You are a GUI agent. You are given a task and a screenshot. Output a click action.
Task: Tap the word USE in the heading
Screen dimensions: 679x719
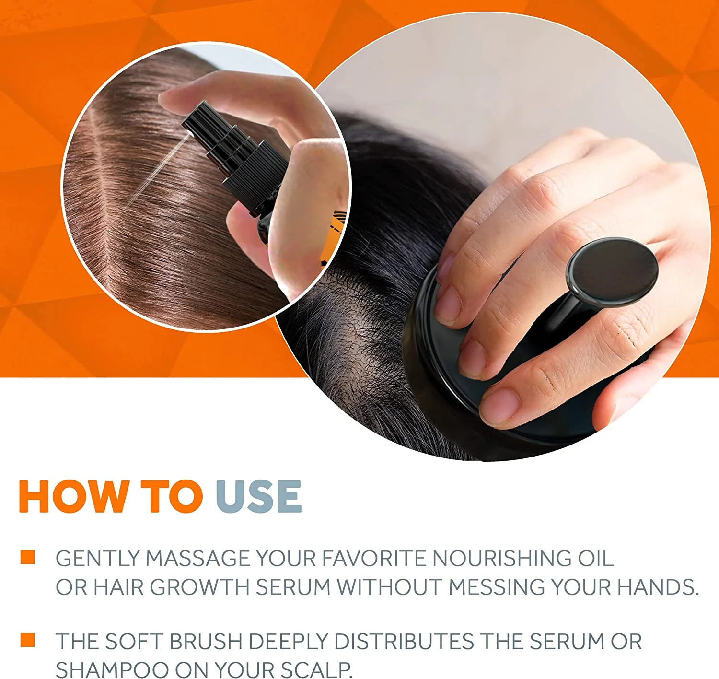258,496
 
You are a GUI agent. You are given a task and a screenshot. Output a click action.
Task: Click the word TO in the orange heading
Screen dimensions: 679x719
172,496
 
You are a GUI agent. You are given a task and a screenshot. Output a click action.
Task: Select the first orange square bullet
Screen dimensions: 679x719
28,557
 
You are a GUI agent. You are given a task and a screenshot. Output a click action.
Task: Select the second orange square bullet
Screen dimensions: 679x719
28,640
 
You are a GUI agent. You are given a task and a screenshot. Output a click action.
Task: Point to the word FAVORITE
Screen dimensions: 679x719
373,559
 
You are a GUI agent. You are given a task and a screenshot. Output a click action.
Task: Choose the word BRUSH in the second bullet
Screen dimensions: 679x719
206,642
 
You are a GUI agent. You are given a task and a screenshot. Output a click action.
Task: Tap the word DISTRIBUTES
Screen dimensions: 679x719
404,642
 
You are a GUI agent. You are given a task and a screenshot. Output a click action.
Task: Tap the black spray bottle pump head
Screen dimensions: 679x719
201,120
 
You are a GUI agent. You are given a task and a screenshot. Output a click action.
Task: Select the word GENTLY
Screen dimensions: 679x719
97,559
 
